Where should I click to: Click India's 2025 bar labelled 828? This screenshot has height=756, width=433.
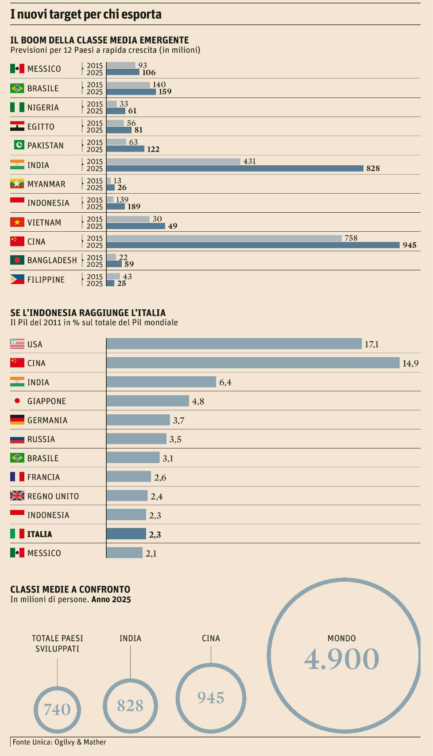coord(235,168)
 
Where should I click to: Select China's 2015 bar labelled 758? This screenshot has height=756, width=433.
coord(224,238)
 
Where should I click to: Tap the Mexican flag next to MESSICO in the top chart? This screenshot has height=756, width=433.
coord(17,69)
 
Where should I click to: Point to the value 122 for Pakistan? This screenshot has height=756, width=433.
coord(153,149)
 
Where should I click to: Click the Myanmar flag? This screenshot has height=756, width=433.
coord(17,183)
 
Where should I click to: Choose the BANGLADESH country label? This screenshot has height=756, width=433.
coord(52,261)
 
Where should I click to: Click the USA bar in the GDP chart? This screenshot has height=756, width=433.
coord(234,344)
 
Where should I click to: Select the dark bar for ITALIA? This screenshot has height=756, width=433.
coord(126,534)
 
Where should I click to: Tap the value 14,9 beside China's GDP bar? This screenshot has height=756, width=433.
coord(410,363)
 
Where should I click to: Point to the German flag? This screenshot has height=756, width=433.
coord(17,420)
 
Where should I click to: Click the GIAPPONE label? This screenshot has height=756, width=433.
coord(46,401)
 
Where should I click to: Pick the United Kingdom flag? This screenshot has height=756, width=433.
coord(17,496)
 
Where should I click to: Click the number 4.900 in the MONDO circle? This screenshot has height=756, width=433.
coord(341,659)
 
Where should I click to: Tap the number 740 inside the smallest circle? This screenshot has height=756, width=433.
coord(57,709)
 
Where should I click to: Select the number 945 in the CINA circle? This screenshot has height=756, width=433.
coord(211,698)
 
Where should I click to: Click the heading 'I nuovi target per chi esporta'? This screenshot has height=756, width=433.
coord(86,15)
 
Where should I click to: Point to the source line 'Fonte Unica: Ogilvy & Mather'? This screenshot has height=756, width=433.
coord(59,742)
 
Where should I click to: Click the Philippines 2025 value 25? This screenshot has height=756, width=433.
coord(121,284)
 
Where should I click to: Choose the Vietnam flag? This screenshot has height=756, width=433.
coord(17,222)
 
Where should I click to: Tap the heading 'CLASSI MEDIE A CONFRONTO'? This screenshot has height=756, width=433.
coord(70,589)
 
